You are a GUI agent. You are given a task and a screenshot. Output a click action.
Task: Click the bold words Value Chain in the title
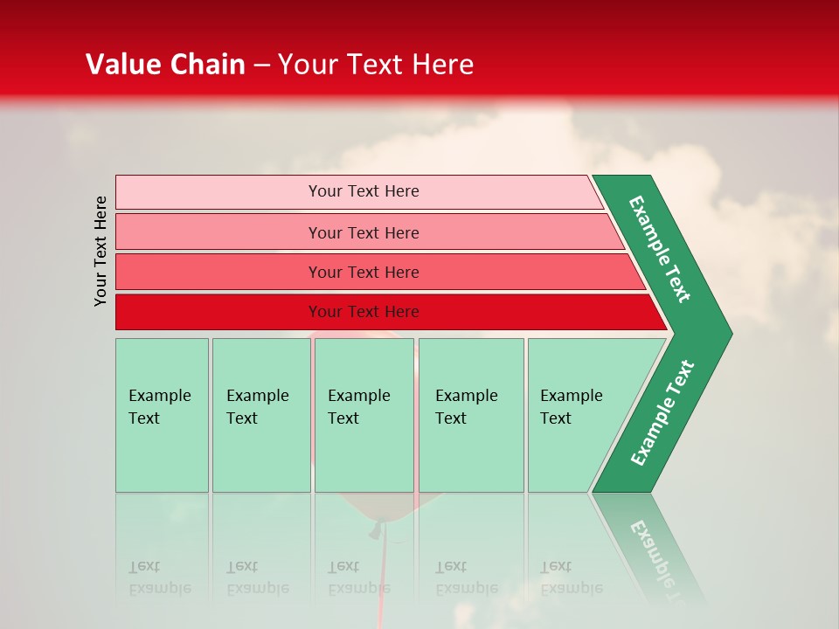[x=165, y=65]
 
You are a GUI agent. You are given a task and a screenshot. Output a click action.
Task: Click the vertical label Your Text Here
[x=101, y=251]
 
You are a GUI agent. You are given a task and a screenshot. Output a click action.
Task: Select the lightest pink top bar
[x=218, y=191]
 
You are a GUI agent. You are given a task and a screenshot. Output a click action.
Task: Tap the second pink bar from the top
[x=218, y=232]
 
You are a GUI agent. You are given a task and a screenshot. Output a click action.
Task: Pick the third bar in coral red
[x=218, y=272]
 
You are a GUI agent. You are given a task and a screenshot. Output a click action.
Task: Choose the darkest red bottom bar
[x=218, y=312]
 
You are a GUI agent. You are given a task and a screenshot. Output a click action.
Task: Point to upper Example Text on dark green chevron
[x=660, y=249]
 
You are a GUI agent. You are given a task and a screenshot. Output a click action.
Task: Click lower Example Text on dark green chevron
[x=662, y=413]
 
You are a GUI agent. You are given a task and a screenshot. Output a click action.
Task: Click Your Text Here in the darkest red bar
[x=364, y=312]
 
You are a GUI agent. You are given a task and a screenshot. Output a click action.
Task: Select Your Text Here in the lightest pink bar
[x=364, y=191]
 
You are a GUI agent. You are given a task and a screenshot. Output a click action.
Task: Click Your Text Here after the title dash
[x=376, y=65]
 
